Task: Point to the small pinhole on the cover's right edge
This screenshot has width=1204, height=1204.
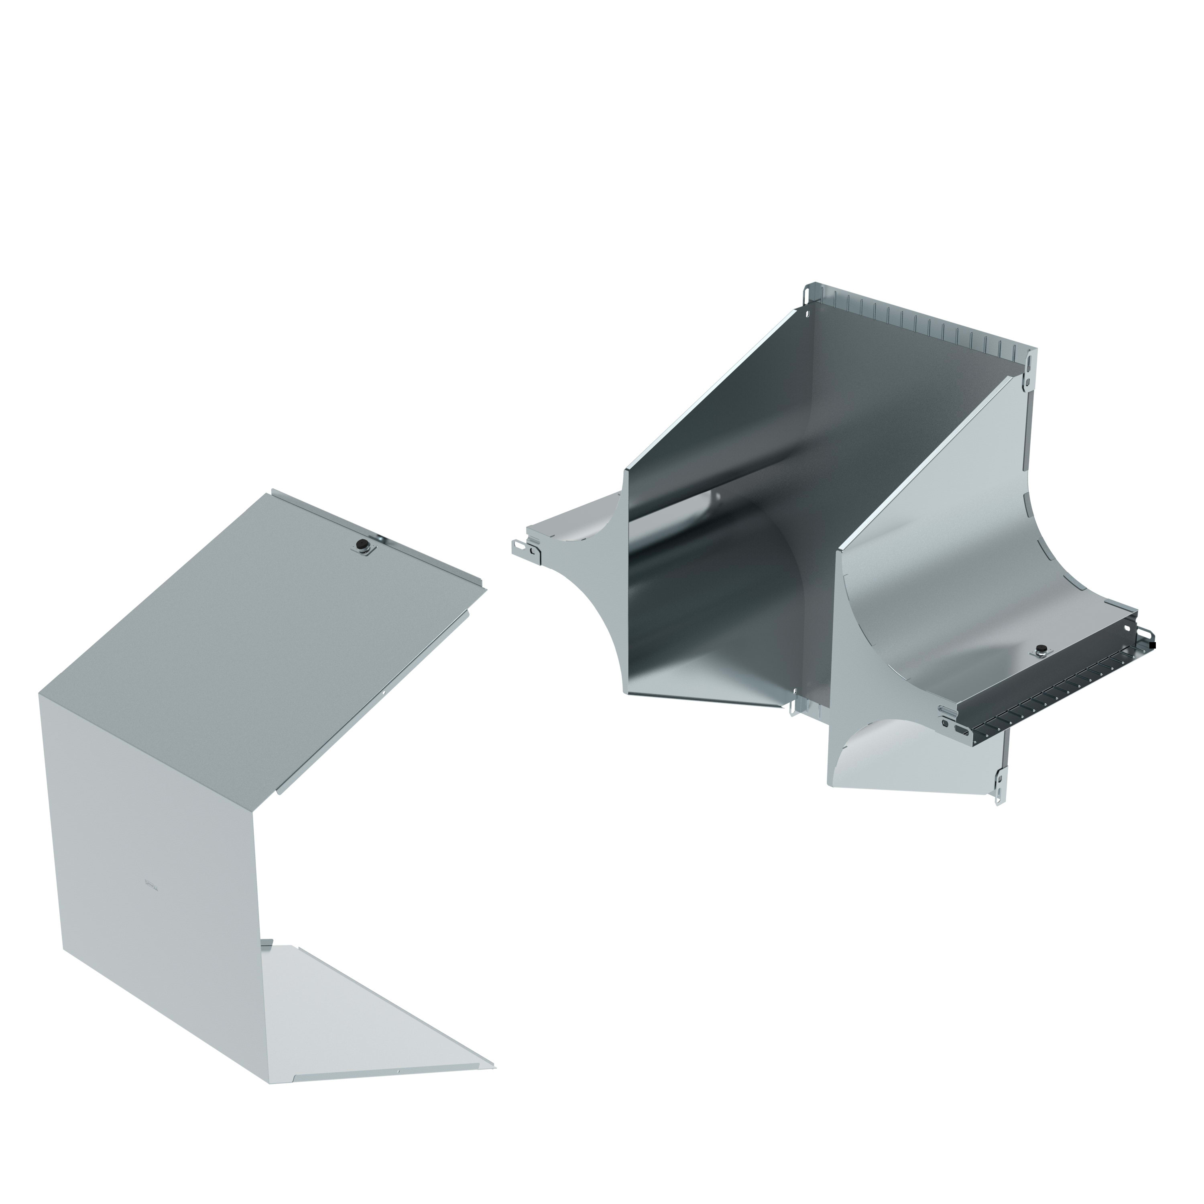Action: click(384, 692)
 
